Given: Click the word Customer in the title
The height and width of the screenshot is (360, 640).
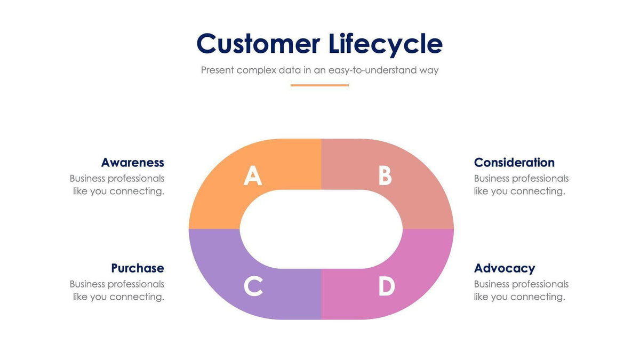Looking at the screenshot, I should [258, 44].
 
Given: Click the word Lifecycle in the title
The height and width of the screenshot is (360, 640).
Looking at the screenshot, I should [385, 44].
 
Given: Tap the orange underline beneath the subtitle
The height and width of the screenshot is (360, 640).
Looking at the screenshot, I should [319, 85].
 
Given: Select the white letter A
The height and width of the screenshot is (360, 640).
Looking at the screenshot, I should [253, 175].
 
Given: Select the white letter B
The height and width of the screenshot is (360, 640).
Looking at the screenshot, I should [385, 175].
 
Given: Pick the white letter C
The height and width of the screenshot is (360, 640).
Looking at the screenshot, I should [253, 286].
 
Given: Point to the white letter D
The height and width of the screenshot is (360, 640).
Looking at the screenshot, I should [387, 286].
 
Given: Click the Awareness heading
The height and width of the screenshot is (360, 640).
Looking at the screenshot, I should [132, 162].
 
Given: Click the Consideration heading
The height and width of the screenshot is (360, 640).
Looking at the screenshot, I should [514, 162].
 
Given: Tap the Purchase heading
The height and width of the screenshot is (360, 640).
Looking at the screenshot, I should [137, 268].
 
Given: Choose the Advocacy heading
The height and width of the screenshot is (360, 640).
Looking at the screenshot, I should [504, 268].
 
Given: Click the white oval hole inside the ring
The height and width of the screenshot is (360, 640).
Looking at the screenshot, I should [321, 229].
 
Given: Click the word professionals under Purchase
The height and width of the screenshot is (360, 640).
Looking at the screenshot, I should [136, 284].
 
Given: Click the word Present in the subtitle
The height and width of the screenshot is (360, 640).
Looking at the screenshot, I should [217, 70].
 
